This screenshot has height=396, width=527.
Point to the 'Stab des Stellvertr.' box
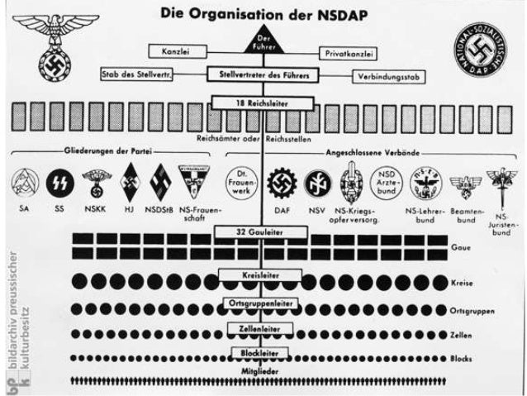click(136, 73)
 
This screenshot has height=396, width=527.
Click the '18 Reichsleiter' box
click(263, 103)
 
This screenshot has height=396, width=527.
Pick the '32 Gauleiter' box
click(263, 233)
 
